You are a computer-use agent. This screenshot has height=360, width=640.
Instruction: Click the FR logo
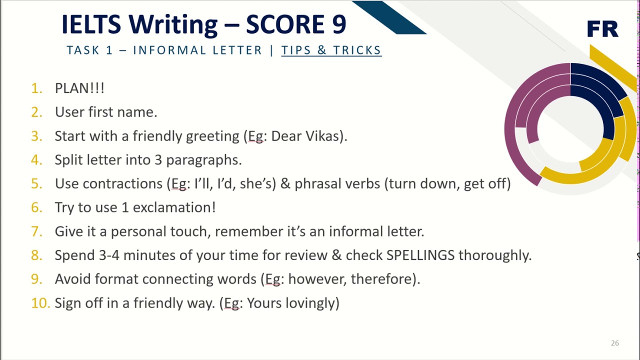pos(602,29)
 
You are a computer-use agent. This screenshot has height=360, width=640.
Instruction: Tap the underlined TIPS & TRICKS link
pos(331,50)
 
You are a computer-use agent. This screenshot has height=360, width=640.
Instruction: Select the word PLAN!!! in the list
pos(79,88)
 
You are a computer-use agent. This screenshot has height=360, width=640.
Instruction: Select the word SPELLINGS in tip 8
pos(420,255)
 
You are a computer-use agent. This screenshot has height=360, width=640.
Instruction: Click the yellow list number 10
pos(40,303)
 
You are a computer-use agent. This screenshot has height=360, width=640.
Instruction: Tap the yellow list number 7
pos(36,231)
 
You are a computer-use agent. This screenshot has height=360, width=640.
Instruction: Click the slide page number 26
pos(614,343)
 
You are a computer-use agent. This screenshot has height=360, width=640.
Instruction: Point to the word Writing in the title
pos(173,24)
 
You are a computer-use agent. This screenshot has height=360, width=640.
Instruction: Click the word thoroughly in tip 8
pos(494,255)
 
